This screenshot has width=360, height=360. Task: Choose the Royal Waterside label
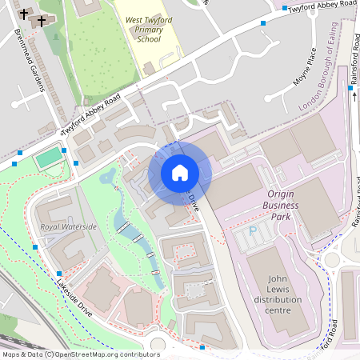(68, 227)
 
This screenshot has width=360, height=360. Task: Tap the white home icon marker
(180, 173)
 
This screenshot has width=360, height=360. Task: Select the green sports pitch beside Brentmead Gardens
(49, 154)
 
